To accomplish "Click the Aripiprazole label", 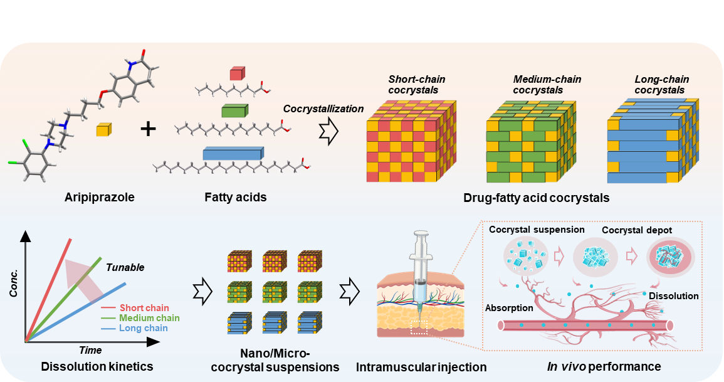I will [x=100, y=198].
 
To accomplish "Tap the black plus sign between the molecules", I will [x=148, y=129].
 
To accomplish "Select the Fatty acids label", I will [x=235, y=198].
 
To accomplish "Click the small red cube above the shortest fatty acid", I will [x=236, y=75].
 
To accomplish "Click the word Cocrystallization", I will [x=323, y=109].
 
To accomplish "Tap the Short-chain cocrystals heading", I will [x=413, y=85].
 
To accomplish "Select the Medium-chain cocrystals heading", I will [x=547, y=85].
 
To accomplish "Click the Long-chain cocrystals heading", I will [x=661, y=85].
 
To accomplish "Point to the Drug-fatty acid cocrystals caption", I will [x=536, y=198].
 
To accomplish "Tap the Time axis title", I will [x=90, y=350].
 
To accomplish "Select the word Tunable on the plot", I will [x=125, y=267].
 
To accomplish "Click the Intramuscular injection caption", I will [x=421, y=366].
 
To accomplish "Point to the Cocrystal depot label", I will [x=637, y=230].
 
